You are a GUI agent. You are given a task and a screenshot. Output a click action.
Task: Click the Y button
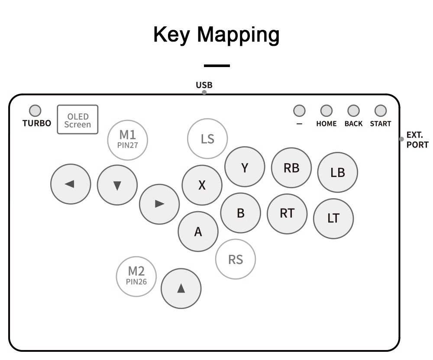coord(245,167)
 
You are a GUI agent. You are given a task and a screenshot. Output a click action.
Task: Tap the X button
coord(202,185)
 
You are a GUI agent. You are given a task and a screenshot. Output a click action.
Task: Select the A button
coord(198,231)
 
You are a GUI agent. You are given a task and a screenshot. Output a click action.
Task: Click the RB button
coord(291,168)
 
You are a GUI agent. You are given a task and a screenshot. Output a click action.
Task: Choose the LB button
coord(338,172)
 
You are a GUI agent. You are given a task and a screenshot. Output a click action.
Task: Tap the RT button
coord(287,213)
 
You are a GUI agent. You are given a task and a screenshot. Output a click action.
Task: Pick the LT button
coord(333,218)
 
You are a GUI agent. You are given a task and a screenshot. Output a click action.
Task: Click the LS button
coord(207,139)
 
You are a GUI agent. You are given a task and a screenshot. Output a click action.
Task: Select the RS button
coord(236,259)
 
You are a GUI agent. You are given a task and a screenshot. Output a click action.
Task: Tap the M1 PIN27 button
coord(128,140)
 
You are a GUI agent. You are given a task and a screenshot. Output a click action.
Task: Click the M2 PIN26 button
coord(136,276)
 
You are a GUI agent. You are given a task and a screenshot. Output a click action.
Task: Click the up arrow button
coord(181,289)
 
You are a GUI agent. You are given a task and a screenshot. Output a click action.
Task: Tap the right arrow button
coord(159,204)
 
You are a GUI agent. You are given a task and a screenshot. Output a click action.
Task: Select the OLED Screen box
coord(78,120)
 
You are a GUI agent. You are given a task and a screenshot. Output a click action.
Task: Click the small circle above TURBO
coord(35,111)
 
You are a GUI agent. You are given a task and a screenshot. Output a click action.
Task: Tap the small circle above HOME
coord(326,111)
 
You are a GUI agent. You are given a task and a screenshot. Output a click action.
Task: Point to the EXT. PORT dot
coord(401,139)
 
